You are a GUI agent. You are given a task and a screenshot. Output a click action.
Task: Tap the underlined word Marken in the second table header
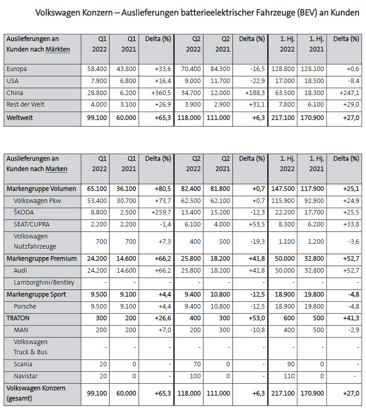click(56, 169)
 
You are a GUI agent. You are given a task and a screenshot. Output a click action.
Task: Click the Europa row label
click(17, 69)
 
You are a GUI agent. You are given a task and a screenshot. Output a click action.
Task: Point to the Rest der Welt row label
click(25, 105)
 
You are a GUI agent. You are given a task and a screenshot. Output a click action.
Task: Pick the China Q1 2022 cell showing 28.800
click(98, 93)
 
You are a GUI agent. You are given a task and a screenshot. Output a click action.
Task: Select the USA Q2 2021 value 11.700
click(220, 81)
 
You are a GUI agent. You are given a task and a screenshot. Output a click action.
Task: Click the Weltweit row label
click(20, 118)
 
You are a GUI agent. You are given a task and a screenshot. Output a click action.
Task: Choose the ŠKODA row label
click(24, 213)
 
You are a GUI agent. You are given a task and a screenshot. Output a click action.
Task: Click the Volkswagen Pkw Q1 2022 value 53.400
click(98, 201)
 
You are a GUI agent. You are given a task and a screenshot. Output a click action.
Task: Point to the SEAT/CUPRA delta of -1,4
click(165, 225)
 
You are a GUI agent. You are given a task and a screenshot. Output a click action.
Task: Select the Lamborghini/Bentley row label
click(44, 282)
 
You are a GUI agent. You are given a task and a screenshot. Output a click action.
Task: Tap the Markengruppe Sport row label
click(36, 294)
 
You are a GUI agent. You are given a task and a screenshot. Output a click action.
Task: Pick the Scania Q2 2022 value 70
click(196, 364)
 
